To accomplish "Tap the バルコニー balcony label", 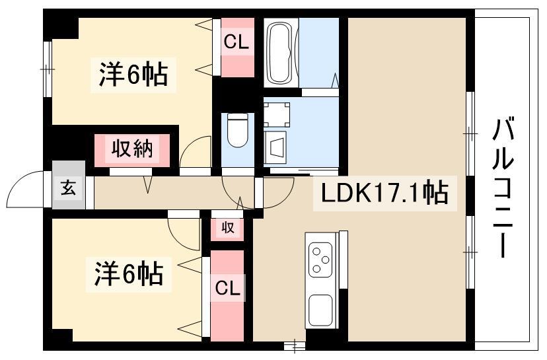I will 503,188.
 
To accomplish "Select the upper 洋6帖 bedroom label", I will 133,74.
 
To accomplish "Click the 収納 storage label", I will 131,149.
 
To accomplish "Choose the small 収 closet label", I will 227,229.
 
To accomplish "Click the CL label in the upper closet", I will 235,43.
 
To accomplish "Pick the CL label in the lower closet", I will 227,288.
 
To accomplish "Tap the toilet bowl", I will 237,130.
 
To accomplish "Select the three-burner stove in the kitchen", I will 321,260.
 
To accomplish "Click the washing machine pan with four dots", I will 276,113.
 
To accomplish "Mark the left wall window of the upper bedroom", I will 47,62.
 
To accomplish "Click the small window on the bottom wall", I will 295,345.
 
